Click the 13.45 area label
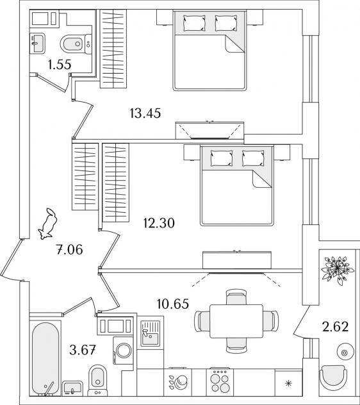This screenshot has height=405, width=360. pos(145,113)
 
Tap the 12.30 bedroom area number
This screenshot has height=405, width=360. pos(159,223)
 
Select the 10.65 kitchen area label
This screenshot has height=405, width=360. pos(173,304)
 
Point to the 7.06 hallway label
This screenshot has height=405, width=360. pos(69,249)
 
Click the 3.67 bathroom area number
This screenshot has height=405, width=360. pos(83,351)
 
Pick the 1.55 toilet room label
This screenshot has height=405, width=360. pos(60,65)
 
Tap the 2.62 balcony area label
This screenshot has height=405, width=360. pos(335,326)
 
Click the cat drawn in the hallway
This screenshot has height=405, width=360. pos(48,224)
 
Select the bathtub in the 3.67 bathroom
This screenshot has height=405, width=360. pos(45,358)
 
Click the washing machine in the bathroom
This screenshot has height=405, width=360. pos(123,351)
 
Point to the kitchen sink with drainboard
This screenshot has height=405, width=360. pos(150,333)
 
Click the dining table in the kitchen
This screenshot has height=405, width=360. pos(236,321)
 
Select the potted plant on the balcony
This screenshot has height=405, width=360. pos(337,270)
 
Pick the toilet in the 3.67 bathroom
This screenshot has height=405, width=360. pos(97,380)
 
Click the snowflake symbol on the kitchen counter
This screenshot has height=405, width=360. pos(288,383)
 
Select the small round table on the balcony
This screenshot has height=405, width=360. pos(345,352)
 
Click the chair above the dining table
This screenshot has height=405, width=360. pos(236,297)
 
